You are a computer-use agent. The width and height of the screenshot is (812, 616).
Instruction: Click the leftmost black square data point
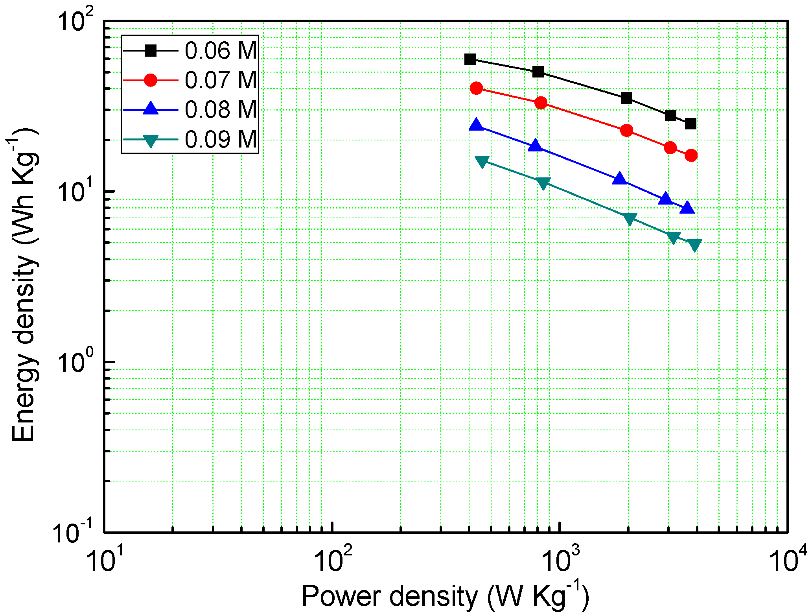(x=470, y=59)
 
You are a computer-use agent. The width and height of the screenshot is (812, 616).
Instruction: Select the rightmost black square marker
(x=690, y=124)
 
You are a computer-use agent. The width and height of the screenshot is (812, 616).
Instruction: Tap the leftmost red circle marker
(x=476, y=88)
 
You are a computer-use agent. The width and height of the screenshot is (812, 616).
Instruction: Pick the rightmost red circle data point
(x=691, y=155)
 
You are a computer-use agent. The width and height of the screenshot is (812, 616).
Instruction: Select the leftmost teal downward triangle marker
(x=482, y=161)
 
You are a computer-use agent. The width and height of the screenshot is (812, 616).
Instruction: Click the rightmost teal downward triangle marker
(x=695, y=245)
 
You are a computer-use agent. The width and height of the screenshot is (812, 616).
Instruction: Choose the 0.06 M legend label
(x=221, y=51)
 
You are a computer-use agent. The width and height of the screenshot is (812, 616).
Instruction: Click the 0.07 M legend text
(x=221, y=80)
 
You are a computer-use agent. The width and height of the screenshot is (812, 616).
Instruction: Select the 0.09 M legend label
(x=221, y=139)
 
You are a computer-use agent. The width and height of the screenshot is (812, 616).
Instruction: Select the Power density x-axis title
(x=445, y=596)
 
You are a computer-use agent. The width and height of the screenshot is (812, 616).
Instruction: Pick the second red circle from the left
(x=541, y=103)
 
